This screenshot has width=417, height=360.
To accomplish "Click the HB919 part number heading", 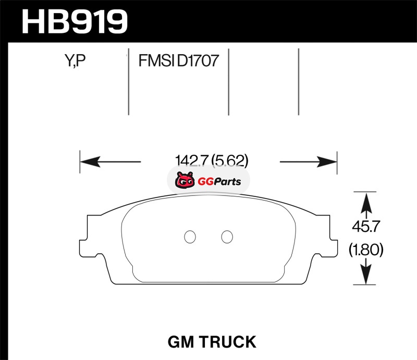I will point(74,21).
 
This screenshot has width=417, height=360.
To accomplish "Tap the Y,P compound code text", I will point(75,63).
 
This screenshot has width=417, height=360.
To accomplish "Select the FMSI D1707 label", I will point(178,63).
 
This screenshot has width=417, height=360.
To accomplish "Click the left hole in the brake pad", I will point(190,237).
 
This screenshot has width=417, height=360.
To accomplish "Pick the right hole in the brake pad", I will point(226,237).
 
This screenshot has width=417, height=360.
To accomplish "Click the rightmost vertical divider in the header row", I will point(299,82).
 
